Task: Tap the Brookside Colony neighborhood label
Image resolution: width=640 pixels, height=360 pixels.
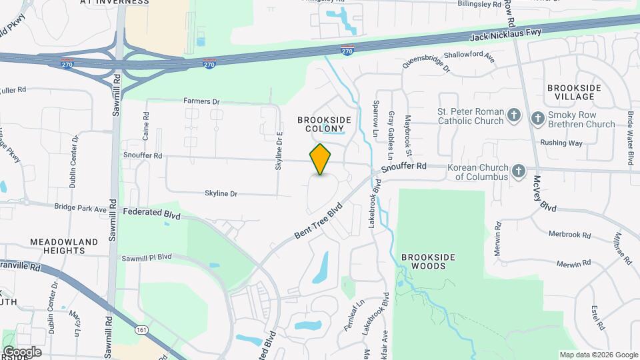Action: (x=320, y=123)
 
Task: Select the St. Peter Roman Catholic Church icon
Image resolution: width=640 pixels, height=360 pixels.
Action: (x=513, y=116)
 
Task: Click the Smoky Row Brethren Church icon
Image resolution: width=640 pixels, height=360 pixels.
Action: (x=538, y=119)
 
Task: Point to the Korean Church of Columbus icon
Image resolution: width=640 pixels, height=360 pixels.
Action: (x=518, y=172)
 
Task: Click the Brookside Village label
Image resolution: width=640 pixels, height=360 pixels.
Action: (x=574, y=92)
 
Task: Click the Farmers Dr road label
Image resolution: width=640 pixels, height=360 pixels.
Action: (x=201, y=101)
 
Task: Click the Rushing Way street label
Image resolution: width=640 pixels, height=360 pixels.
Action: (x=561, y=143)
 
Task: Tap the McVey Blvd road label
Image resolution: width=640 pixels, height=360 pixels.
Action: (x=545, y=195)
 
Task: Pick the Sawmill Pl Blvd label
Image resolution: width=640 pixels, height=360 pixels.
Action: (x=147, y=257)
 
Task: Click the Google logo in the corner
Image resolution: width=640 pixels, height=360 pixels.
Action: (x=21, y=352)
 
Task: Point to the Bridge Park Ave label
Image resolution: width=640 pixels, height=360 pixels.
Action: (x=81, y=209)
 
